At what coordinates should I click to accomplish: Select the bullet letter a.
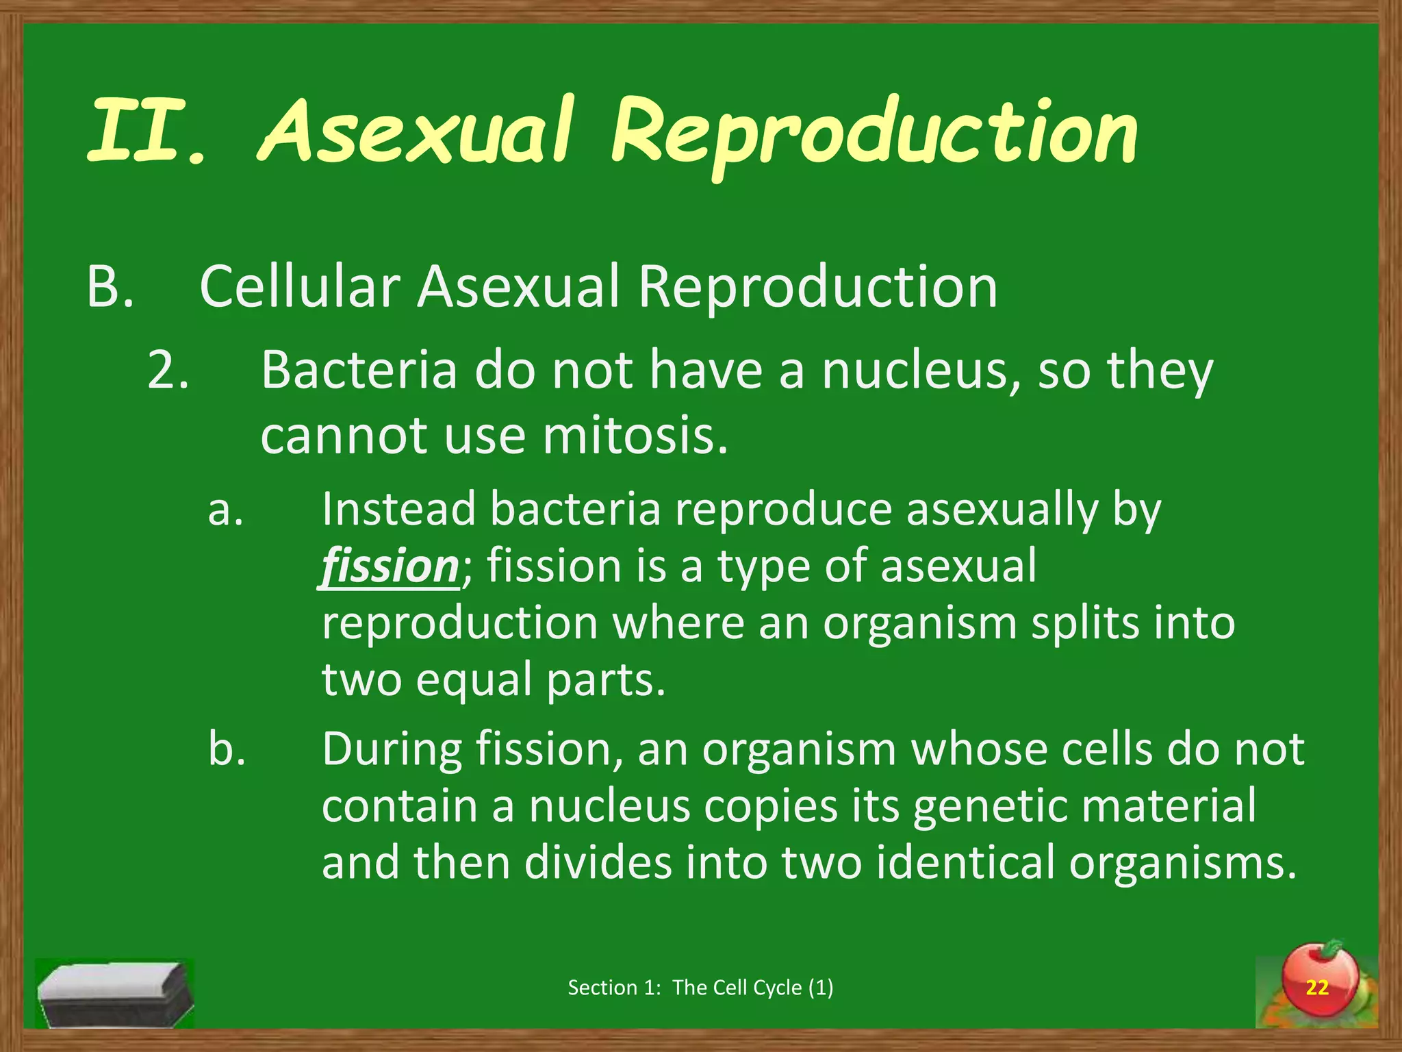(225, 510)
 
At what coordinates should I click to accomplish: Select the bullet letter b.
(227, 749)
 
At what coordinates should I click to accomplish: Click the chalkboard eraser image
(114, 992)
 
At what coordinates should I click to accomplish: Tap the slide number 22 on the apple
(1316, 987)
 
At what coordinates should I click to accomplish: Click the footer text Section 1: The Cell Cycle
(700, 987)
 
